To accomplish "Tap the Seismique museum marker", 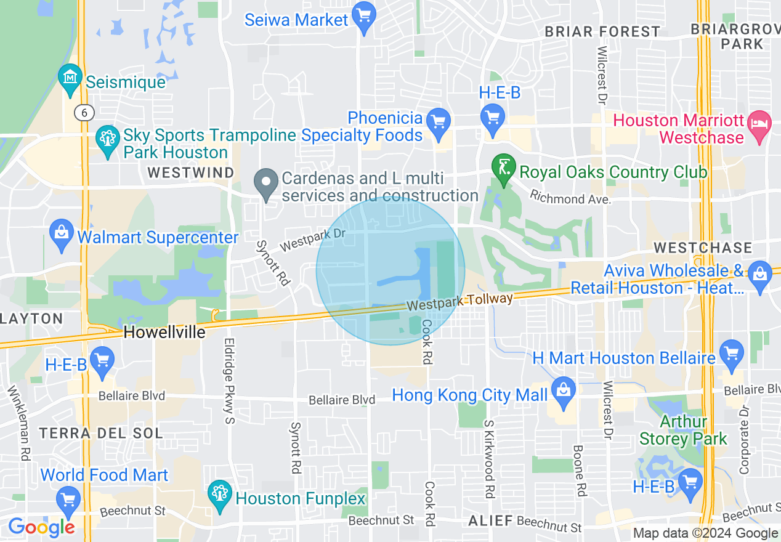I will point(71,78).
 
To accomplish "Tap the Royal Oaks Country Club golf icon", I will point(503,166).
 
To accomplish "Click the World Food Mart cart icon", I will point(67,499).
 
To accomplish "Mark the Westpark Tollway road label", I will point(459,302).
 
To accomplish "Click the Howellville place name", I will point(164,333).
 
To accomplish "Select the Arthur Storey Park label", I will point(683,431).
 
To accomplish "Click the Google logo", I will point(41,527).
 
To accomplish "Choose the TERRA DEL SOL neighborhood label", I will point(101,433).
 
